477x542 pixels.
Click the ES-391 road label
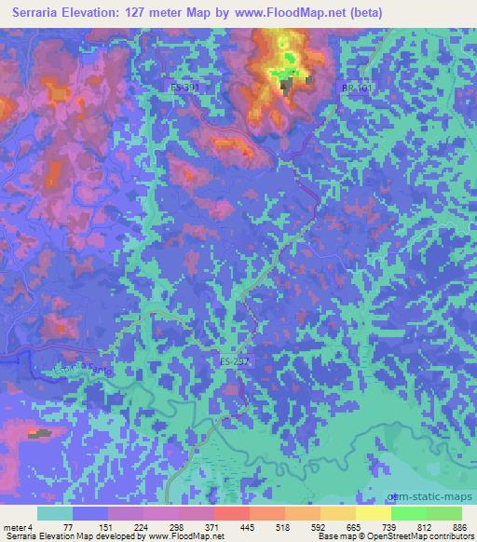coord(185,87)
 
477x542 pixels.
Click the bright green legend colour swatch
coord(408,513)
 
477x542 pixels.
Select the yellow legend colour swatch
coord(373,513)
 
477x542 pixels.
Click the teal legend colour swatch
coord(56,513)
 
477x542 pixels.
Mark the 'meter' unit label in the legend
coord(14,526)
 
